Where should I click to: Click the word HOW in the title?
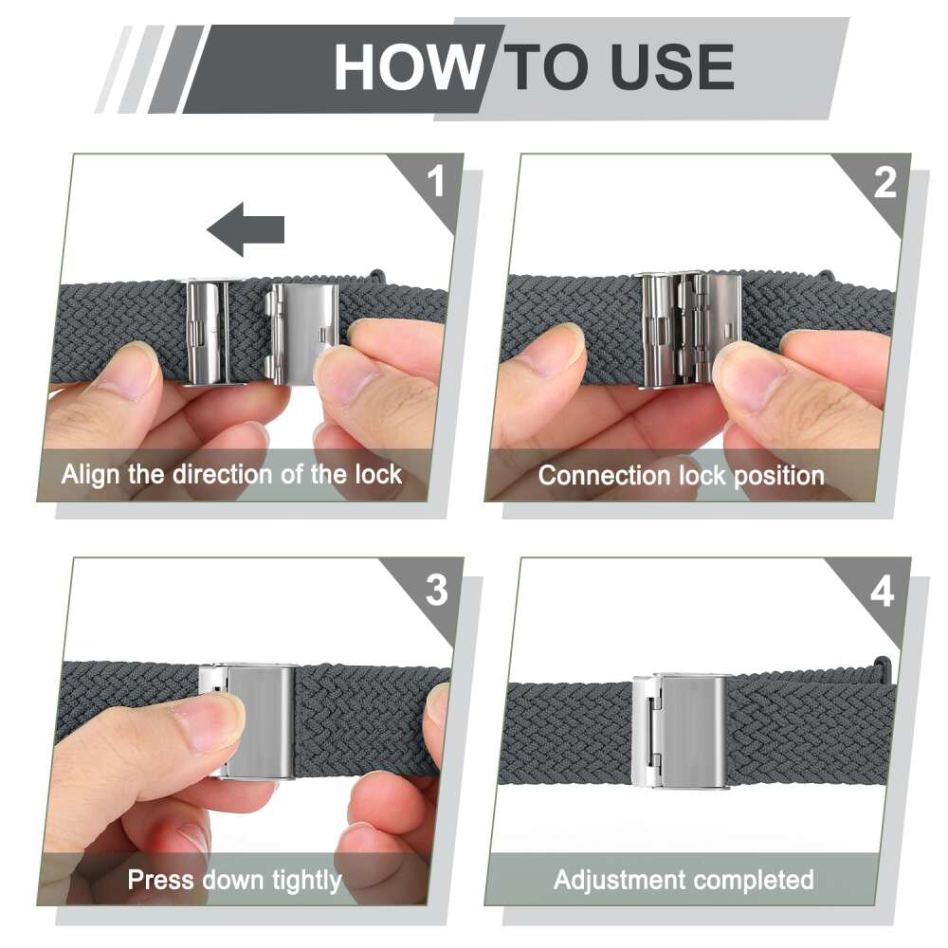[x=409, y=67]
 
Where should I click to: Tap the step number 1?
[x=435, y=181]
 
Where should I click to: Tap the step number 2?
[x=884, y=182]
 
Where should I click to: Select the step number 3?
[x=436, y=590]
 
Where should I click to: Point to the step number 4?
[x=882, y=592]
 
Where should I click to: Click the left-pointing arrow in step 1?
[x=246, y=229]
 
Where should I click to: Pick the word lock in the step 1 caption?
[x=378, y=474]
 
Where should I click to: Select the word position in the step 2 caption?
[x=779, y=477]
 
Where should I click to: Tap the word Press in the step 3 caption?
[x=159, y=880]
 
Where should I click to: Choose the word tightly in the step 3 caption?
[x=306, y=882]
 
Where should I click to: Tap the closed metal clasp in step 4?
[x=679, y=732]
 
